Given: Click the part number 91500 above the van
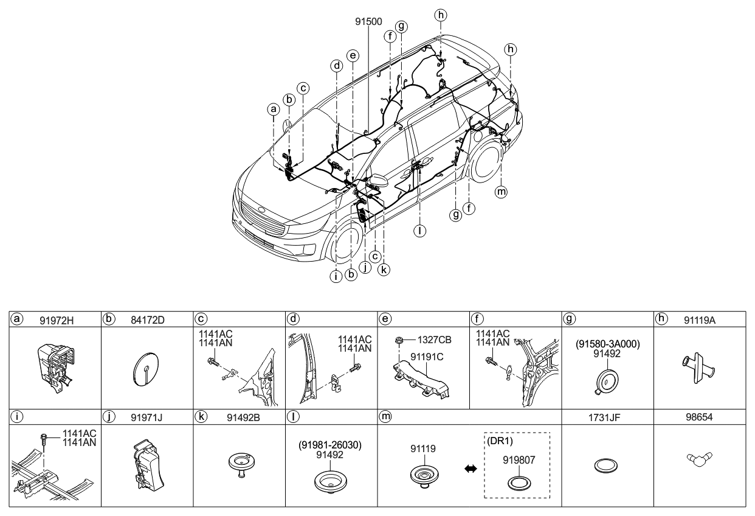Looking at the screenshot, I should [x=368, y=21].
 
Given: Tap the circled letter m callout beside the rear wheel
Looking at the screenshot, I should [x=501, y=192].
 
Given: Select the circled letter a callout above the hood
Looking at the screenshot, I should [x=274, y=110].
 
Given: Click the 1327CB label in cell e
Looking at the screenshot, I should [x=433, y=340].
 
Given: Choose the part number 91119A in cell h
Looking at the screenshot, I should [x=696, y=318].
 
